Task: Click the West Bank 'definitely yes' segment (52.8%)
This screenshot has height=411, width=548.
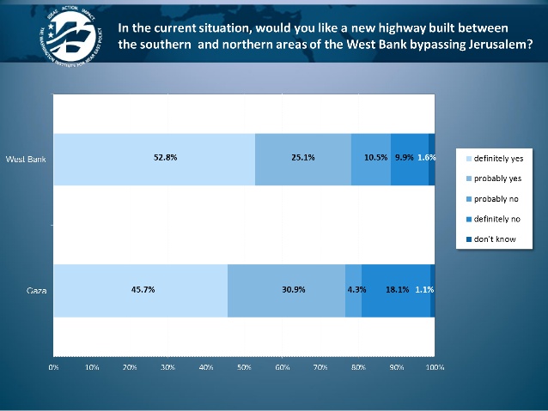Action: pyautogui.click(x=155, y=159)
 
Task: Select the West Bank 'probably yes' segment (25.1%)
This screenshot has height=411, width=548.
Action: pyautogui.click(x=303, y=159)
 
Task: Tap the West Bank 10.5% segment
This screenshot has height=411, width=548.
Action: pyautogui.click(x=371, y=159)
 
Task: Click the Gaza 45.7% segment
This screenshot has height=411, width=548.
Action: pyautogui.click(x=141, y=290)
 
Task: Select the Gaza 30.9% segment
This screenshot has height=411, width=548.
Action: pyautogui.click(x=286, y=290)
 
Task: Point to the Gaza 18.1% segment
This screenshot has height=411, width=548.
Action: pyautogui.click(x=395, y=290)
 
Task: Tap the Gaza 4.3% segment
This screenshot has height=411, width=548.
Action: pyautogui.click(x=353, y=290)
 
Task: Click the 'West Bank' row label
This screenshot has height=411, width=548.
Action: pyautogui.click(x=26, y=159)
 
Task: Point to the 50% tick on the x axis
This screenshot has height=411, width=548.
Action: pyautogui.click(x=244, y=367)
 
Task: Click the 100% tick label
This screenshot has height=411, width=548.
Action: pyautogui.click(x=435, y=367)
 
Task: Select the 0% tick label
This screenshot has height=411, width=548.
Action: pyautogui.click(x=53, y=367)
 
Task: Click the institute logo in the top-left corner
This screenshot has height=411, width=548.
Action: pyautogui.click(x=67, y=39)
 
